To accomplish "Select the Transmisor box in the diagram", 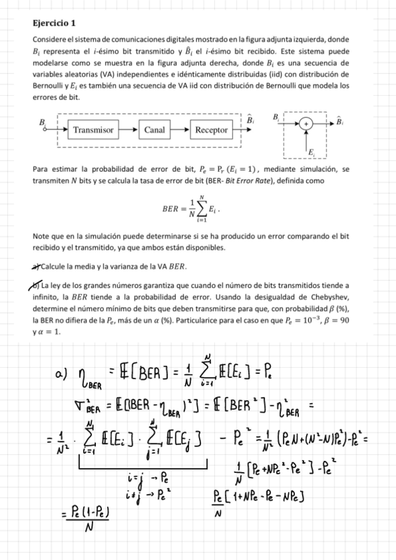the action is pyautogui.click(x=93, y=130).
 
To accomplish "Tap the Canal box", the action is pyautogui.click(x=155, y=130).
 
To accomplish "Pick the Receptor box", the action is pyautogui.click(x=211, y=130).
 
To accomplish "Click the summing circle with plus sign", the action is pyautogui.click(x=306, y=123).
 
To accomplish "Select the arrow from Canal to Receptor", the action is pyautogui.click(x=180, y=130).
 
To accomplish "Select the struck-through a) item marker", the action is pyautogui.click(x=37, y=266).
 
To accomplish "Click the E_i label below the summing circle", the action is pyautogui.click(x=313, y=153).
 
